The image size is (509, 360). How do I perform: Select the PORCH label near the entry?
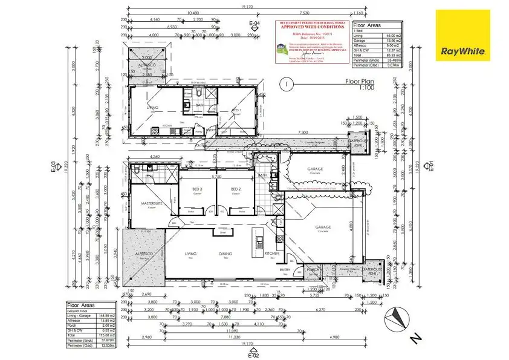pyautogui.click(x=313, y=270)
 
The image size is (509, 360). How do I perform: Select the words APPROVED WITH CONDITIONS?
pyautogui.click(x=312, y=27)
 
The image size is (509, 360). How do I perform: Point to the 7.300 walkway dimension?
pyautogui.click(x=304, y=133)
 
